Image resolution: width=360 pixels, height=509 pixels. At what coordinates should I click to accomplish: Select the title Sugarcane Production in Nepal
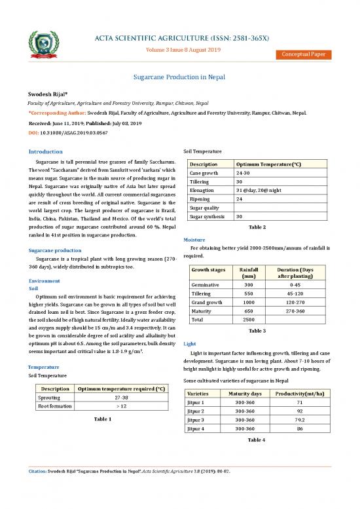pos(179,77)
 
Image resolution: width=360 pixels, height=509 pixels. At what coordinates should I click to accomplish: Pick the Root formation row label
pos(56,406)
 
